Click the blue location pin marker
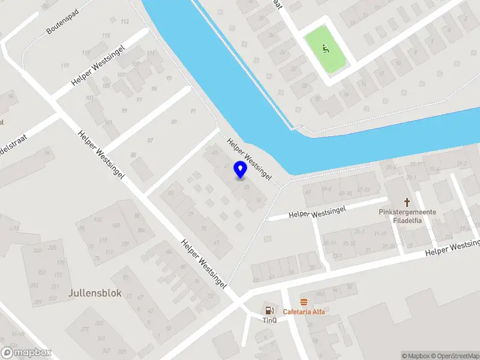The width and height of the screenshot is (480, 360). (240, 170)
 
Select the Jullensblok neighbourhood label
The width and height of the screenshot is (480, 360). (95, 293)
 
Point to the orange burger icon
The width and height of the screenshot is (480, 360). (304, 302)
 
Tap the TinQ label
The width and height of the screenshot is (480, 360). (269, 320)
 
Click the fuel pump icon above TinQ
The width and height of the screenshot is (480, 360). (269, 310)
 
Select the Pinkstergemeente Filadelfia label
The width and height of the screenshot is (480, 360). (407, 216)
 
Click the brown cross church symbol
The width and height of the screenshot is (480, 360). (407, 202)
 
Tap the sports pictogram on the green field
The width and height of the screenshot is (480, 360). (326, 49)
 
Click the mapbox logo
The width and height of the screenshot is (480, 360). (26, 353)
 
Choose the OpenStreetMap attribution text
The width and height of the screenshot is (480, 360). (454, 356)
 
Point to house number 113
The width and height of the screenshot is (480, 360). (124, 22)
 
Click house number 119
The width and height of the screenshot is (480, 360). (64, 65)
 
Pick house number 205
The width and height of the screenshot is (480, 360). (52, 248)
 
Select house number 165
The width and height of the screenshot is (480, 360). (116, 226)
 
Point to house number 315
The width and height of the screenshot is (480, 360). (100, 323)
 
